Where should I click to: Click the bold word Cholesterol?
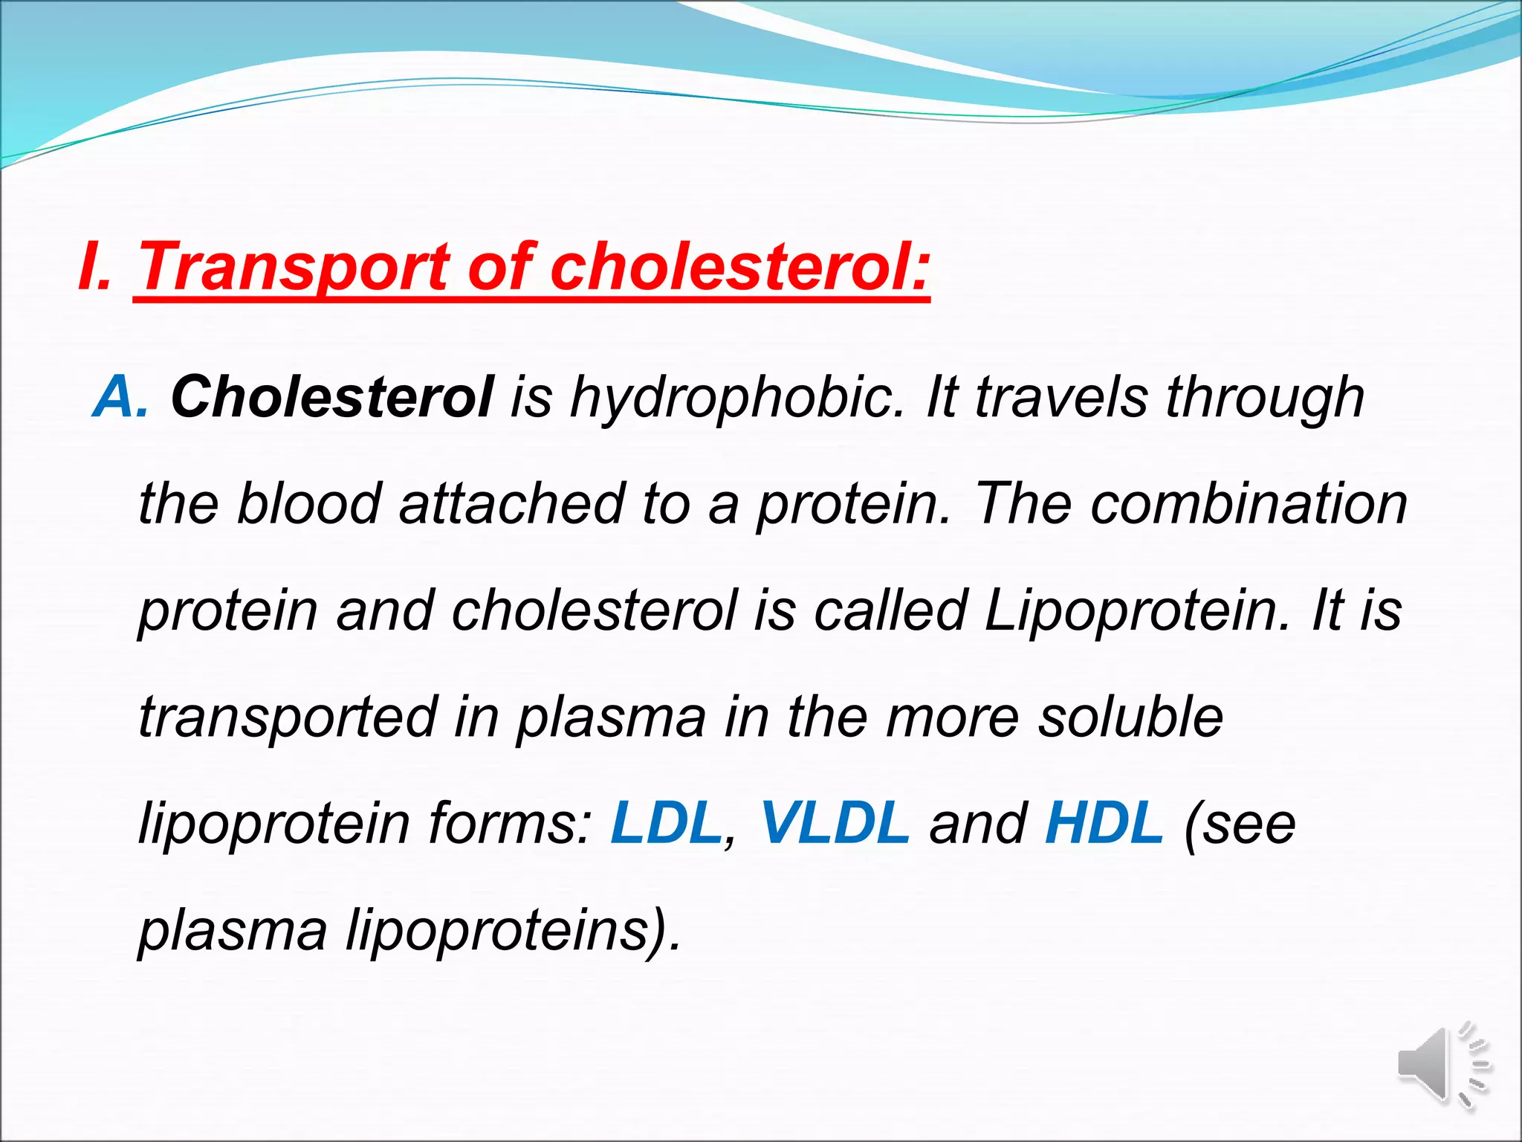click(331, 397)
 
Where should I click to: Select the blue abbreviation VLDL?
click(835, 824)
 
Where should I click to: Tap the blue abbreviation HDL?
click(1104, 824)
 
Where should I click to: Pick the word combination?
click(1249, 504)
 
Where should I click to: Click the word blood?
click(308, 504)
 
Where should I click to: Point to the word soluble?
click(1130, 717)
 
